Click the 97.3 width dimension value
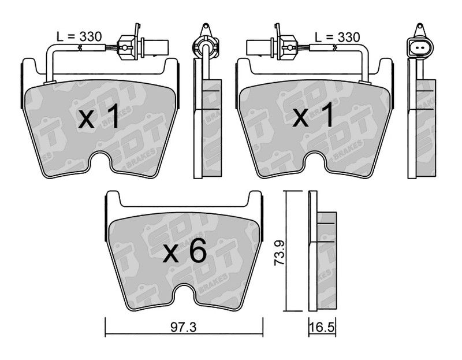(x=183, y=326)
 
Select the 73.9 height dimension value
(x=280, y=253)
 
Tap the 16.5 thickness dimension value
(x=322, y=328)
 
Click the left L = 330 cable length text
(x=79, y=36)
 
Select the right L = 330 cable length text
(x=337, y=37)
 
